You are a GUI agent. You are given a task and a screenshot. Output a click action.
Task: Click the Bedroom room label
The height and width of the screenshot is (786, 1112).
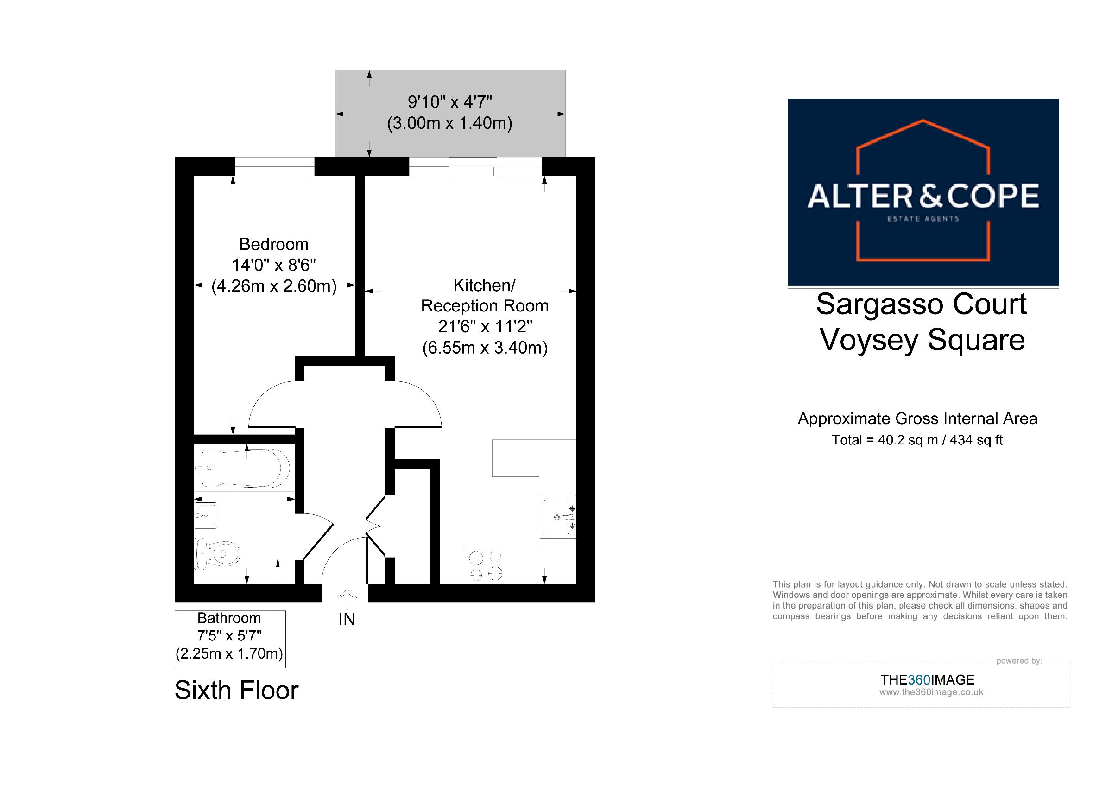point(274,244)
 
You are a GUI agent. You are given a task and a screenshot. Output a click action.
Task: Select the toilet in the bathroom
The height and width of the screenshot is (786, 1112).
point(217,553)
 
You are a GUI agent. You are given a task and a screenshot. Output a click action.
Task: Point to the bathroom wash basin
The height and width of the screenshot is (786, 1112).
point(205,515)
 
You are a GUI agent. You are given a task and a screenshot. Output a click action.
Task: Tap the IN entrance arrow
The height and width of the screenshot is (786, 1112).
point(347,599)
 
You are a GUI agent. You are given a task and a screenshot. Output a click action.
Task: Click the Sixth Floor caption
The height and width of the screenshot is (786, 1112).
point(236,690)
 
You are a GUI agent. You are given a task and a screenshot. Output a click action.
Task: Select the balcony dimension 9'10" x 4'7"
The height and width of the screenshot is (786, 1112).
point(450,102)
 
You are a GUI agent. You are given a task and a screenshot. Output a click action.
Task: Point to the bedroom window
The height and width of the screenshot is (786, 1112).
point(275,166)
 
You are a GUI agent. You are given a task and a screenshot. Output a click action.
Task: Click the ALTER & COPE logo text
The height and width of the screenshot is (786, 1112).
point(923,196)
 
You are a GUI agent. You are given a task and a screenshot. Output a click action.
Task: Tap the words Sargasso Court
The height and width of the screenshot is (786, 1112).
point(921,304)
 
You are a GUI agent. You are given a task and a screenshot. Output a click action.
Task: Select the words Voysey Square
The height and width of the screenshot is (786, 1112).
point(922,340)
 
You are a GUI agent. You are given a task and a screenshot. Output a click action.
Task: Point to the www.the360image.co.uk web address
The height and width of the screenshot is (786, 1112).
point(931,692)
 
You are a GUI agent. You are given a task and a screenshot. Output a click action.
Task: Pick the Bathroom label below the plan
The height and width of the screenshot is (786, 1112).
point(229,618)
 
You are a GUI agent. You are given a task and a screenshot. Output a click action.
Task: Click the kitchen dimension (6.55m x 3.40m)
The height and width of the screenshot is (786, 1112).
point(485,348)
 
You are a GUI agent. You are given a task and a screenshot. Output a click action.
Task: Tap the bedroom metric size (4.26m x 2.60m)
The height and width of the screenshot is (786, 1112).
point(274,286)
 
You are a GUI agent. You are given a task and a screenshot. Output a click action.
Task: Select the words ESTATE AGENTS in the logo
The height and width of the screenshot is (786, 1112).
point(923,218)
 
